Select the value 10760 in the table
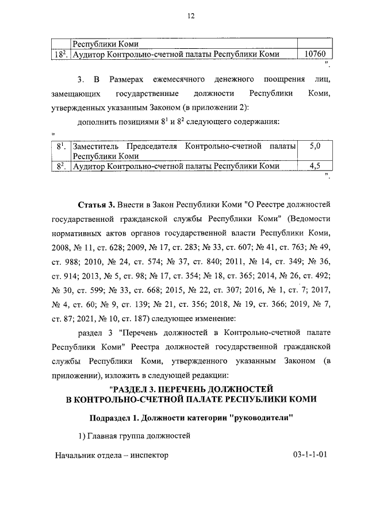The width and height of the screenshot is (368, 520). click(x=315, y=55)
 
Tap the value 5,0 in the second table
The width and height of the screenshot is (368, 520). click(x=315, y=147)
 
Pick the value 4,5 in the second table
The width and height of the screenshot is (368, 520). click(x=315, y=166)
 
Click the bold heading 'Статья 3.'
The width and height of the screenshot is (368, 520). click(x=95, y=205)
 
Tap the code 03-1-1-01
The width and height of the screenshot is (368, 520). click(x=309, y=454)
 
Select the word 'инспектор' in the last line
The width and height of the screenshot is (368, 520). click(x=150, y=454)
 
